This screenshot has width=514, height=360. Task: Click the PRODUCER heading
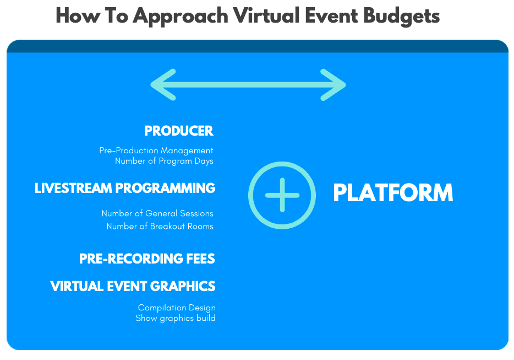click(178, 131)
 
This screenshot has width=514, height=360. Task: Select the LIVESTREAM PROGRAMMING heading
click(125, 189)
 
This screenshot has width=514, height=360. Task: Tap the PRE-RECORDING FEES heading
click(147, 259)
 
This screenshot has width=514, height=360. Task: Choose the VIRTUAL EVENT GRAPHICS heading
click(133, 287)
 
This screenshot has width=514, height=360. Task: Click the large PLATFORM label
click(393, 194)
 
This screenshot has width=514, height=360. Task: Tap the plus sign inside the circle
click(282, 195)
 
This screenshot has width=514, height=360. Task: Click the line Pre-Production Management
click(156, 151)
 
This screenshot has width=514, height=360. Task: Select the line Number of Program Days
click(163, 161)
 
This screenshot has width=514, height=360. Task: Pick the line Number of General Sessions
click(157, 213)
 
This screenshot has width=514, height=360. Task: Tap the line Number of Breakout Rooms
click(160, 226)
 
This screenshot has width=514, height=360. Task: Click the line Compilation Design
click(177, 308)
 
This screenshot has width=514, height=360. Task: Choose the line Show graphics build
click(175, 318)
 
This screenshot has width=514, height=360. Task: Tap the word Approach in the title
click(181, 17)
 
